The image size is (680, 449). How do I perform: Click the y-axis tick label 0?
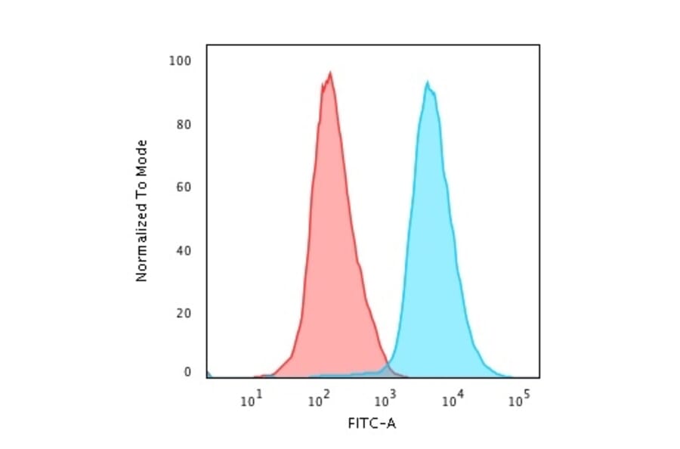tap(188, 372)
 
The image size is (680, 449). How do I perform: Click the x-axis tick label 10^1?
tap(252, 400)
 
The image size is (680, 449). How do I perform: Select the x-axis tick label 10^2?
tap(318, 400)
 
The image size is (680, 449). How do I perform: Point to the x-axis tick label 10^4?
tap(452, 400)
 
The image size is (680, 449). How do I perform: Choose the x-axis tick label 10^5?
tap(518, 400)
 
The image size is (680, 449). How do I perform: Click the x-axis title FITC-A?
tap(372, 423)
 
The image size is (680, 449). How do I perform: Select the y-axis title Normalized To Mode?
tap(141, 211)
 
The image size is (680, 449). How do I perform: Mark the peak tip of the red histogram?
tap(330, 73)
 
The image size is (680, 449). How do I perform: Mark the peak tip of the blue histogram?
tap(428, 82)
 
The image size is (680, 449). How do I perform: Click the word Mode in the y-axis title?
tap(141, 156)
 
